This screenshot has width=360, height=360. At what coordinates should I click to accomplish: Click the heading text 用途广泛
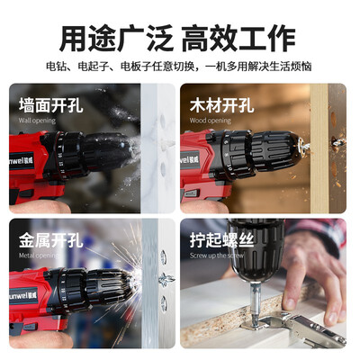117,39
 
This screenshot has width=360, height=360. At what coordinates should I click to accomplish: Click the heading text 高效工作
239,39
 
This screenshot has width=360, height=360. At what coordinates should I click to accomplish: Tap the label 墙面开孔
50,105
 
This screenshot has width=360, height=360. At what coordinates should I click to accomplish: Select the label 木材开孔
221,105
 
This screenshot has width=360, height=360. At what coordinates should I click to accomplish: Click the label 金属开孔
50,240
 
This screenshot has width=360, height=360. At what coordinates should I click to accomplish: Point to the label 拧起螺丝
221,240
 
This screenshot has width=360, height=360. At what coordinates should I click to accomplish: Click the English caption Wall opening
37,121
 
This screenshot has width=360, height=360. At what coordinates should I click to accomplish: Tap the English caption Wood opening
210,121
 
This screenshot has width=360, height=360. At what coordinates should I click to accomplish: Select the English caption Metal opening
38,256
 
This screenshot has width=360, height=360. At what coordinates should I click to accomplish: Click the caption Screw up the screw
217,256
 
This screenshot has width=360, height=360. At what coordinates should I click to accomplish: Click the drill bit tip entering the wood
307,147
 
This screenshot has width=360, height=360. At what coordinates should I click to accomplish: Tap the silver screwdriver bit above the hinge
256,303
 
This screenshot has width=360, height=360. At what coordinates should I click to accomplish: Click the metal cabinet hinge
295,328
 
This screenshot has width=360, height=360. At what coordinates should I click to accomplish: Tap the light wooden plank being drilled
319,148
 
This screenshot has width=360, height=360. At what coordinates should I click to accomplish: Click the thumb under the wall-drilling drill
39,206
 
